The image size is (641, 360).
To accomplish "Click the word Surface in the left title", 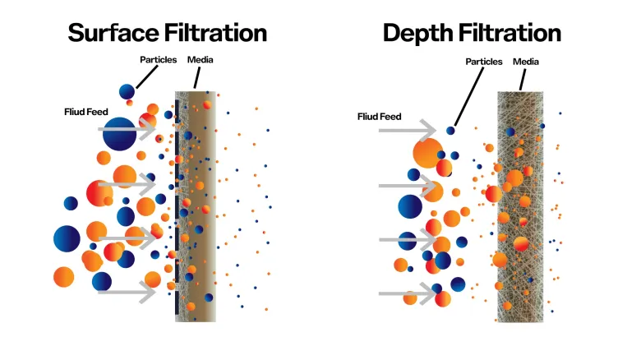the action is coord(113,33).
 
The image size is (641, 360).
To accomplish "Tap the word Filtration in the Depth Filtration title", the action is coord(510,33).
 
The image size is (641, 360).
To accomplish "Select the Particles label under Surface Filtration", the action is coord(159,60).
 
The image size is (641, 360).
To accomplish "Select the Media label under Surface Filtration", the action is coord(200,60).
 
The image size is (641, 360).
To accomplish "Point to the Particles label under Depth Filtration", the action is coord(483,62).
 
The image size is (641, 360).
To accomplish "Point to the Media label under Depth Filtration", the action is coord(526,62).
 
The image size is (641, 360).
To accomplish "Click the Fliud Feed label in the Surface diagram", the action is coord(85,112).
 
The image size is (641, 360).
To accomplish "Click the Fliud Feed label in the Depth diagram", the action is coord(379,117).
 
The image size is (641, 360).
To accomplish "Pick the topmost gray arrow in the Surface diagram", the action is coord(127,129).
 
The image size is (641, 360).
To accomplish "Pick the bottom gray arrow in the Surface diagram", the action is coord(127,292).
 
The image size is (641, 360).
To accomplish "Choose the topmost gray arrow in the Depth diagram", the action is coord(408,131).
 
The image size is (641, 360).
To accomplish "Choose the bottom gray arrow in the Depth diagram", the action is coord(408,293).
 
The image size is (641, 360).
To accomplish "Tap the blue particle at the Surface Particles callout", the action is coord(127,91).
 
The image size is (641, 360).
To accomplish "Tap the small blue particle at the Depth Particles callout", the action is coord(450,131).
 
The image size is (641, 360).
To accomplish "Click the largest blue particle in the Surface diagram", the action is coord(119,134).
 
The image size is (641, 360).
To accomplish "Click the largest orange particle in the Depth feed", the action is coord(428,153).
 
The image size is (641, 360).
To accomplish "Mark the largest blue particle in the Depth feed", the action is coord(410,206).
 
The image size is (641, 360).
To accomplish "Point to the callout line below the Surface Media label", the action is coord(197,78).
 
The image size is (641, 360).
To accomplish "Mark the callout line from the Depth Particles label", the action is coord(469,96).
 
